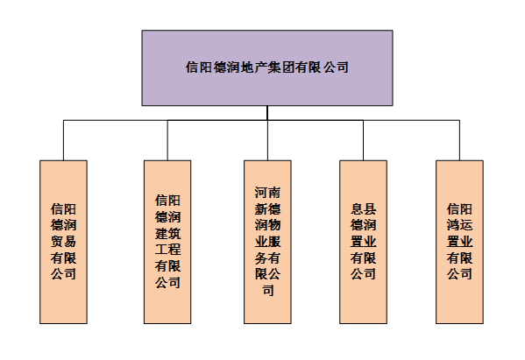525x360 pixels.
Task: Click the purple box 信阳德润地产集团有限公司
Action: pos(267,68)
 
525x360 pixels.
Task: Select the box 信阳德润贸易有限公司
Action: pos(64,242)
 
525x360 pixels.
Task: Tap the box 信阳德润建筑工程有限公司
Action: pos(167,242)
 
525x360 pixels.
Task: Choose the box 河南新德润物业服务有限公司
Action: pos(267,242)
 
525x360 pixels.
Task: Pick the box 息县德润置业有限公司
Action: pos(363,242)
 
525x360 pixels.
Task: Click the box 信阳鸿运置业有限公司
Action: pos(459,242)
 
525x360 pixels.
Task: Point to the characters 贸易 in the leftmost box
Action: pos(64,241)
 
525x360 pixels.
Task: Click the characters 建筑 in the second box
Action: pos(167,233)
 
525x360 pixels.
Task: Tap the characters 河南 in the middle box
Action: pos(267,193)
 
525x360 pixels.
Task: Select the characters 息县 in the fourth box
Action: pos(363,208)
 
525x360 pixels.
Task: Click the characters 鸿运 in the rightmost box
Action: pos(459,225)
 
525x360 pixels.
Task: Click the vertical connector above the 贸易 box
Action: pos(64,140)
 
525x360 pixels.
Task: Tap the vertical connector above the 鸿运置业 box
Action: pos(459,140)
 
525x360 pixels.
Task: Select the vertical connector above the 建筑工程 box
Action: pos(167,140)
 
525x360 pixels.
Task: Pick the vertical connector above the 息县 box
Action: pos(363,140)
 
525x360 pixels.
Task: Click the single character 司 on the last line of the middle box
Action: pos(268,291)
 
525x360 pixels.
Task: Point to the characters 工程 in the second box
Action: pos(167,250)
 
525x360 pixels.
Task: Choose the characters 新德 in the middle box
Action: pos(267,208)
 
